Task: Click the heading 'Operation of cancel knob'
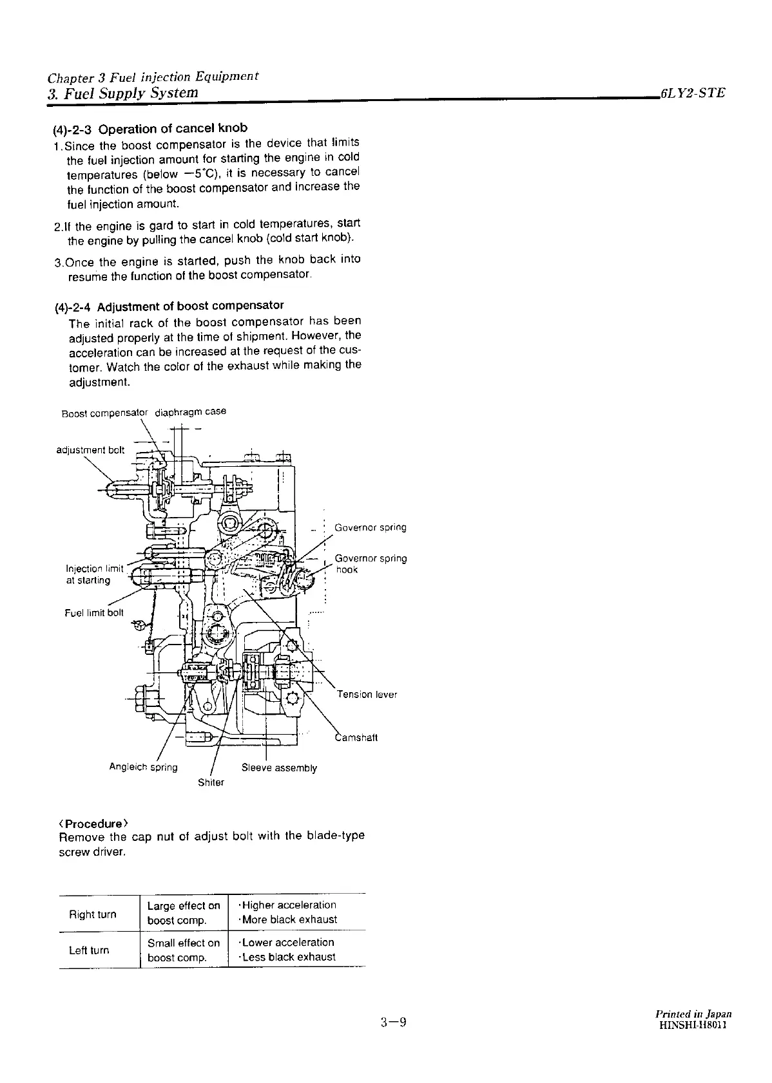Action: [x=173, y=128]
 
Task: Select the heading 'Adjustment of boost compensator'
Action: [x=190, y=305]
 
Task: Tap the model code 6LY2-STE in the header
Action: [x=692, y=93]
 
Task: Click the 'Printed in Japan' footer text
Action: [x=691, y=1013]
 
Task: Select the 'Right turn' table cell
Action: [x=92, y=914]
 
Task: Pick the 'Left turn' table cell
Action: [x=89, y=950]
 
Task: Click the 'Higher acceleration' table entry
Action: [x=288, y=905]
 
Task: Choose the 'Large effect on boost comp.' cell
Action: [x=184, y=913]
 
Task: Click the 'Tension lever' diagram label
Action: [x=367, y=694]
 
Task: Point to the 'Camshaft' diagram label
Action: [x=356, y=737]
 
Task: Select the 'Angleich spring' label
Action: [x=143, y=767]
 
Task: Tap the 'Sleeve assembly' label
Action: [x=279, y=768]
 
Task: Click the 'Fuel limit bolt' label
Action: [x=93, y=612]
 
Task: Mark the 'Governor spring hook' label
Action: [x=371, y=564]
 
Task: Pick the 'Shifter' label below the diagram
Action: [x=211, y=782]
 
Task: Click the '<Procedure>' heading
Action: [x=93, y=824]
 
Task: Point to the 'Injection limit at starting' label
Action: [x=94, y=574]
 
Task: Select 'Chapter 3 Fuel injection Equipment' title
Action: [x=153, y=78]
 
